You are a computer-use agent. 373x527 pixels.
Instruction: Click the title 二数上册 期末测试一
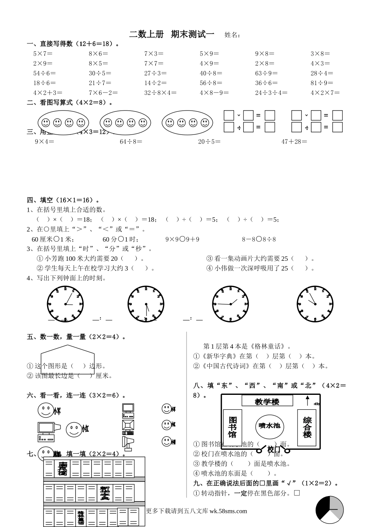(172, 35)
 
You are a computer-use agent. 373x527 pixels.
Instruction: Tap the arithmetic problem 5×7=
(43, 54)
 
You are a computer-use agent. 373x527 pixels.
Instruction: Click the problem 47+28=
(294, 142)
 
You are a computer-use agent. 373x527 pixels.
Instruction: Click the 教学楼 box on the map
(267, 401)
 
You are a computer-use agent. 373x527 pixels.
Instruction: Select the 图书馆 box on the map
(232, 427)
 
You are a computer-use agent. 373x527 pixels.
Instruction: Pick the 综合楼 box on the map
(307, 427)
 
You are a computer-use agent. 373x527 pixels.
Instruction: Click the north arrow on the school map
(307, 400)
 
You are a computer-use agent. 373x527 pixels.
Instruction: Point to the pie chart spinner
(330, 510)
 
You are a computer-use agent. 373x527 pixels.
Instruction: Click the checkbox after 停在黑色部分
(297, 493)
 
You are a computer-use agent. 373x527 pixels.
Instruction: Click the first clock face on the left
(65, 304)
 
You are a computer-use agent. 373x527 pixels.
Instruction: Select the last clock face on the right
(315, 304)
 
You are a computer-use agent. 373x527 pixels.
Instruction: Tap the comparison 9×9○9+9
(182, 239)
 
